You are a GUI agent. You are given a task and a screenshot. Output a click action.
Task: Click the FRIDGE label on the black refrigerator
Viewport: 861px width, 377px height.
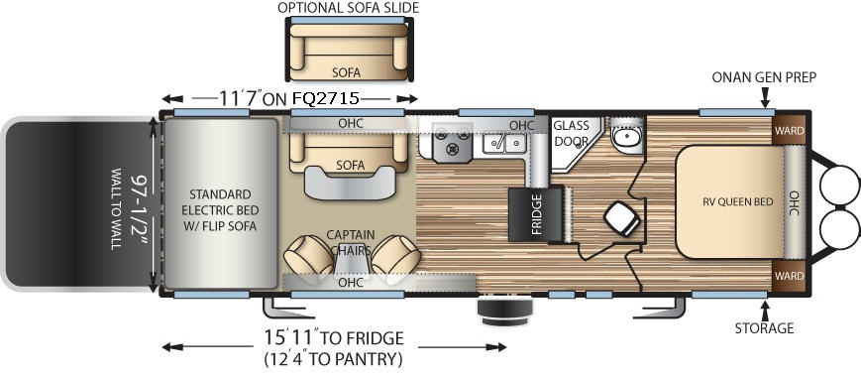536,214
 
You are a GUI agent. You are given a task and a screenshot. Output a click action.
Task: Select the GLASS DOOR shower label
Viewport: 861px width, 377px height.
571,133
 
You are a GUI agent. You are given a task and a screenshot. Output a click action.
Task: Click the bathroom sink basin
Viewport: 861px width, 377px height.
626,137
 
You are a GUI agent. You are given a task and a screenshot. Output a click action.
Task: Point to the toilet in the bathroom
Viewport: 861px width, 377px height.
622,218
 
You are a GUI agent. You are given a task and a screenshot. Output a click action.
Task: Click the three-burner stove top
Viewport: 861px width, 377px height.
452,142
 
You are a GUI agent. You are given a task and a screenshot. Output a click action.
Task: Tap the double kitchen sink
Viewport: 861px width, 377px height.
504,144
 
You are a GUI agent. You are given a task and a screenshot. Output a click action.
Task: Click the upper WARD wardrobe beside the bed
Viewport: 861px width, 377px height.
789,131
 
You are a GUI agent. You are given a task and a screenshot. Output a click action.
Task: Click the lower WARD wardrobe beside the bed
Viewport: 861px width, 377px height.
789,276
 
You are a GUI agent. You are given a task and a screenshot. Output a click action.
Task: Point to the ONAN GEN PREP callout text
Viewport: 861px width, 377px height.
764,77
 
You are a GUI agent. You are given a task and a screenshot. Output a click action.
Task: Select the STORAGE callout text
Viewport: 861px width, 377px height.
764,328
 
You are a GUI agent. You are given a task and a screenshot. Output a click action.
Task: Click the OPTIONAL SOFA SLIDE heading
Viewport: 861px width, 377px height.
348,8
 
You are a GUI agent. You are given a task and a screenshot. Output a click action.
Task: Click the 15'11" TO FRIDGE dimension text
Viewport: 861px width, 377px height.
333,337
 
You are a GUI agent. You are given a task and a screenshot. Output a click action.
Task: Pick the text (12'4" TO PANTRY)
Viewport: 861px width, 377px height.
333,359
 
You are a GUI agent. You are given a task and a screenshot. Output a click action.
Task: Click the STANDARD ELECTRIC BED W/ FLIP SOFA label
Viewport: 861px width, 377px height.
220,210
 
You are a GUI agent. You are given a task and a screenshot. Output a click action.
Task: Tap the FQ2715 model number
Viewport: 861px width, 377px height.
326,99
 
